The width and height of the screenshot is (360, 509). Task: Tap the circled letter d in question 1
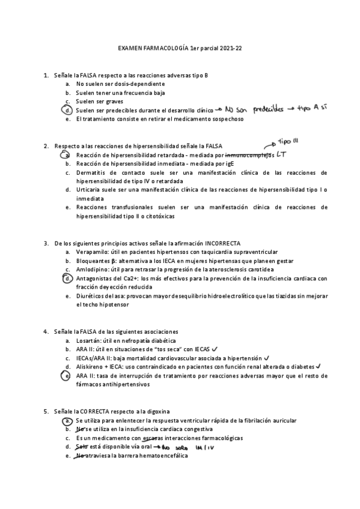(69, 111)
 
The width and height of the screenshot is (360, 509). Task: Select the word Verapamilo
(92, 253)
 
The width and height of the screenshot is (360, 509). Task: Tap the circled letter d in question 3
(69, 279)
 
